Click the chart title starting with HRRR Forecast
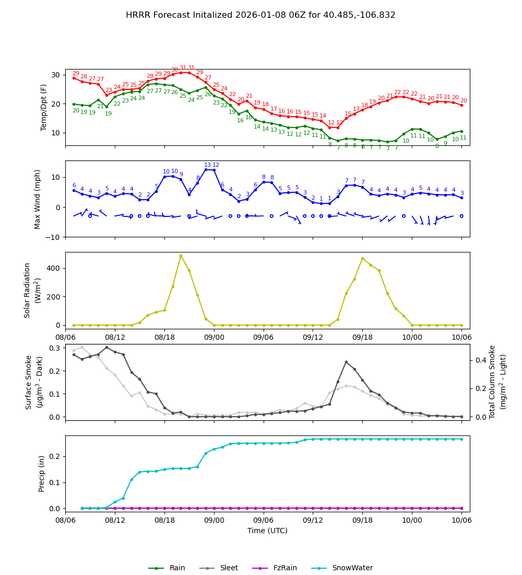[x=260, y=15]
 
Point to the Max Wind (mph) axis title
[x=38, y=199]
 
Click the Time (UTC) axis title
[x=267, y=531]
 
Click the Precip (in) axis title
[x=42, y=474]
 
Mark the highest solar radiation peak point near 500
[x=181, y=256]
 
